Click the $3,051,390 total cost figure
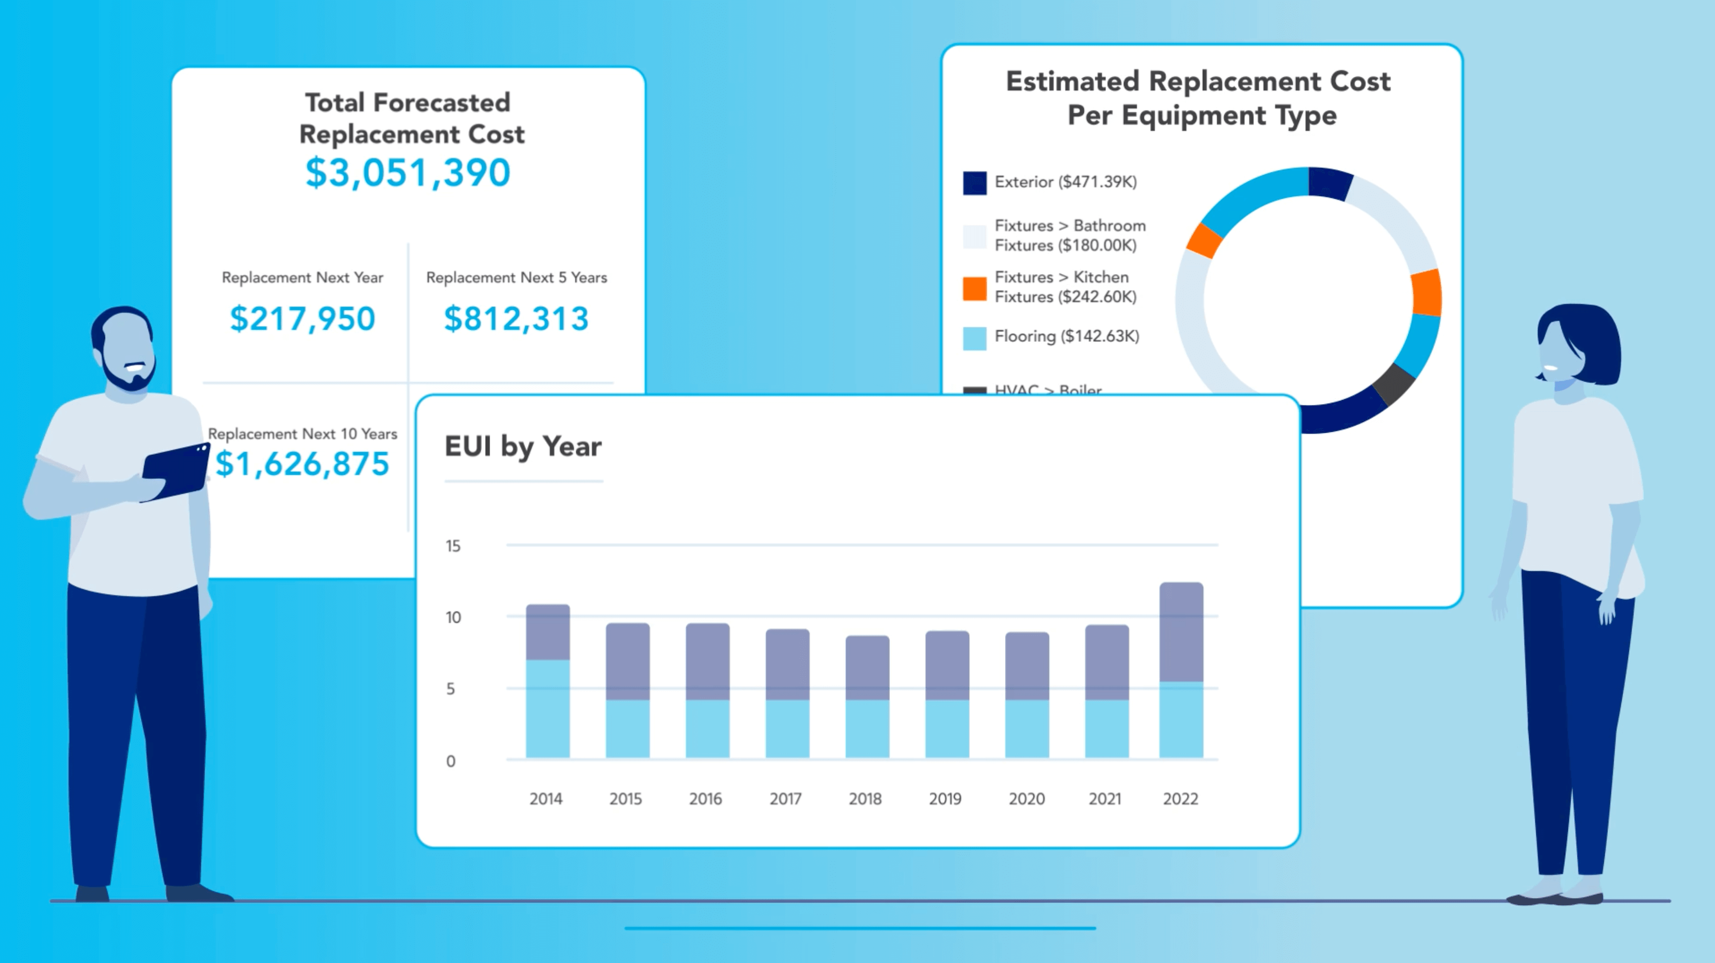pos(407,173)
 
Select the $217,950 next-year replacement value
pos(302,318)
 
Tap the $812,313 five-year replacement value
pos(516,318)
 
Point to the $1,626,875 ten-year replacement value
pos(302,464)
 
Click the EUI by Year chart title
pos(522,446)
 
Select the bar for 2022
pos(1181,669)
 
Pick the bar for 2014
pos(547,681)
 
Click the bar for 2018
pos(867,696)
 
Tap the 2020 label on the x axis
pos(1026,799)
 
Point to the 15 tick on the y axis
pos(453,546)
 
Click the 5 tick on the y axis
pos(451,688)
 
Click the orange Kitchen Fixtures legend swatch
pos(974,288)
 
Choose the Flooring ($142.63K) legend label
pos(1066,337)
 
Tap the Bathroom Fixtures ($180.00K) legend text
pos(1069,235)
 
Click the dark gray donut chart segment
pos(1393,384)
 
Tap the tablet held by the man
pos(176,471)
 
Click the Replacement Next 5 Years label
pos(516,277)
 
